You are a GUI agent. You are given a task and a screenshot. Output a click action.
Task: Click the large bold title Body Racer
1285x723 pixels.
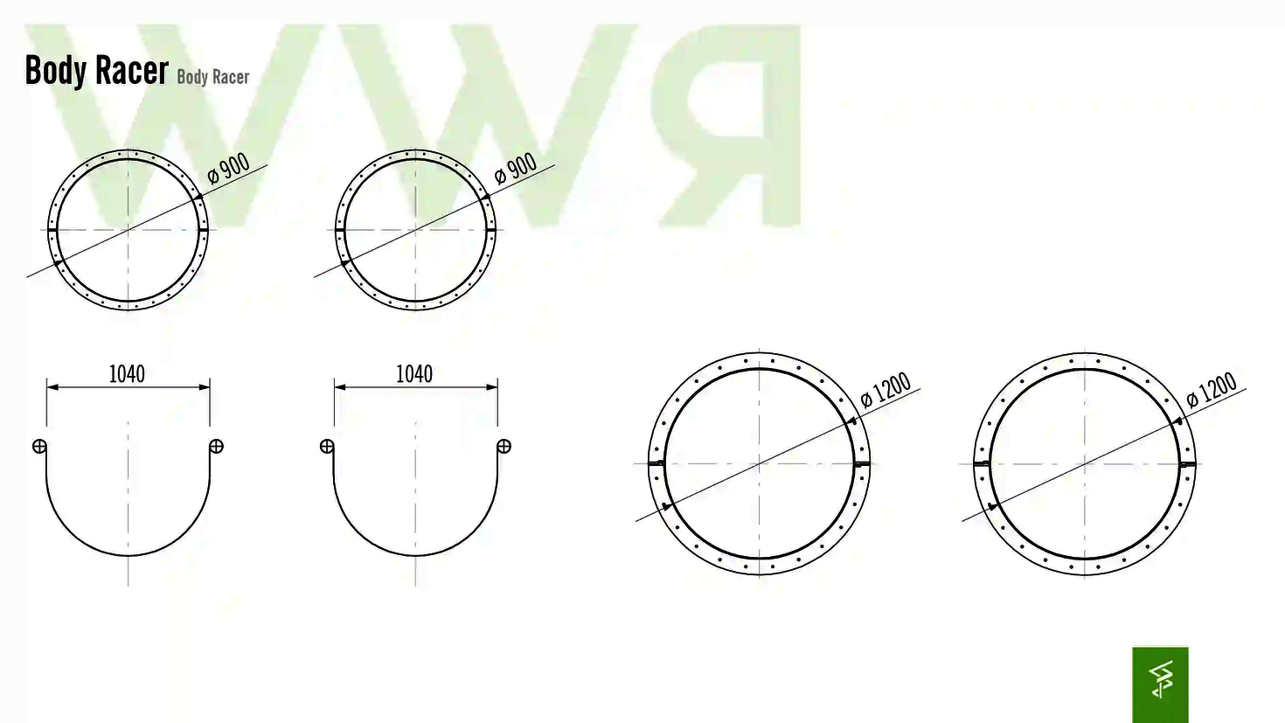[x=96, y=71]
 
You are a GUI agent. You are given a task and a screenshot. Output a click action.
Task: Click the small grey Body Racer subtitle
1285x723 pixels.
[x=212, y=77]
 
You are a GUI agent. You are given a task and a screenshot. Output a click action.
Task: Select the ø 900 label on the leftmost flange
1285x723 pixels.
[x=228, y=168]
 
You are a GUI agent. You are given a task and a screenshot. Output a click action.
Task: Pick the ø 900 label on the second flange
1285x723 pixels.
[x=515, y=168]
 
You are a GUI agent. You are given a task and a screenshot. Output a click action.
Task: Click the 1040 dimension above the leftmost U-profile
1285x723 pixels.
[x=127, y=374]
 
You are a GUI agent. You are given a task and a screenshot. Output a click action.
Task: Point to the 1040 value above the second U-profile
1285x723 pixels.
[x=414, y=374]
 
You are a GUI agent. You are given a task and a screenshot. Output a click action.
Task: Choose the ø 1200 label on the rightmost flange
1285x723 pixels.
[x=1211, y=390]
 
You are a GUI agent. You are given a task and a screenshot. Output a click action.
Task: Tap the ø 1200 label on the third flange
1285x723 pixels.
[x=886, y=390]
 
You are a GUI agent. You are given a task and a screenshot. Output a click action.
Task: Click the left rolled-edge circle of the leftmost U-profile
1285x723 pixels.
[x=39, y=446]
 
